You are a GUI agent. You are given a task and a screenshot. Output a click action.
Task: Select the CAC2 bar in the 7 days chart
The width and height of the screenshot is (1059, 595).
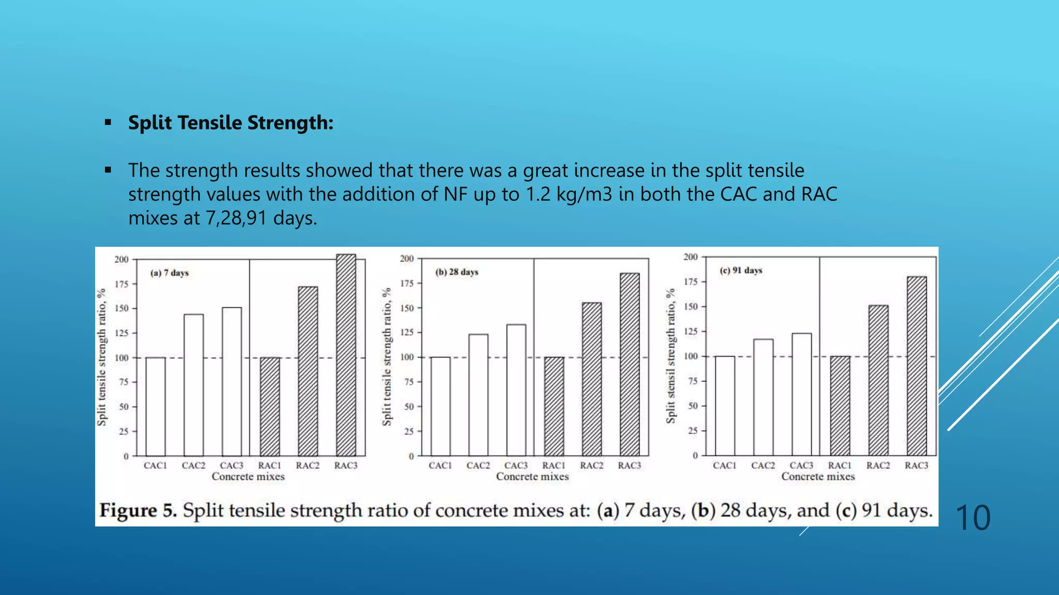click(x=193, y=385)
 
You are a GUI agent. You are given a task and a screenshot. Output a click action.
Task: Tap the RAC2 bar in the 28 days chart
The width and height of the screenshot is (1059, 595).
click(x=592, y=379)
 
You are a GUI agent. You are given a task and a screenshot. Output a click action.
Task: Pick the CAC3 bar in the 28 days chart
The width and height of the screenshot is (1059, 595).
click(x=516, y=390)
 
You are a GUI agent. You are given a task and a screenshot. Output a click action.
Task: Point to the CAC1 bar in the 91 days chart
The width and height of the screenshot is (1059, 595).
click(x=724, y=406)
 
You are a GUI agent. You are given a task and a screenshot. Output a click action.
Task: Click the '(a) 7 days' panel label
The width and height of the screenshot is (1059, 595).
click(x=170, y=273)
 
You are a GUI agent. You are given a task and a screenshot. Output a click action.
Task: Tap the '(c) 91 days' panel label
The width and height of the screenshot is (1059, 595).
click(x=741, y=270)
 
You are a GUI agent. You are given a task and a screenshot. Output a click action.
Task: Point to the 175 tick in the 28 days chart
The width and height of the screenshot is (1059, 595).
click(x=407, y=283)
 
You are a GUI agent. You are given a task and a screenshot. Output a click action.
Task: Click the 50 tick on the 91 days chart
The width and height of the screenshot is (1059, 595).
click(x=693, y=406)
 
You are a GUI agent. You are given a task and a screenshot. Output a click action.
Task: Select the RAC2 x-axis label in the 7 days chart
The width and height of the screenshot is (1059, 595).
click(x=308, y=465)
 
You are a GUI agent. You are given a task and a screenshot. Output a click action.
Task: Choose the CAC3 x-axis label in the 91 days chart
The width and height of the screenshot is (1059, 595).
click(x=801, y=465)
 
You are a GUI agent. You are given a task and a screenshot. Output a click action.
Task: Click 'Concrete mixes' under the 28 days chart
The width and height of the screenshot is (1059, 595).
click(x=533, y=477)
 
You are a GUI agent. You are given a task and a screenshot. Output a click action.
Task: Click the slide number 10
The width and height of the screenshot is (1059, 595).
click(x=973, y=518)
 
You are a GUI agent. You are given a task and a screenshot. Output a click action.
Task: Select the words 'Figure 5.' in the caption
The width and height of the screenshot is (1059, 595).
click(x=138, y=510)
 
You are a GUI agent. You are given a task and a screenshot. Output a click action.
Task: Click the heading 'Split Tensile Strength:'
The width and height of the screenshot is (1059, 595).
click(x=231, y=123)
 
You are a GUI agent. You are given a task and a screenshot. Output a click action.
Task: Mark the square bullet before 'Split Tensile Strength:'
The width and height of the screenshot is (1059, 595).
click(x=108, y=123)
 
